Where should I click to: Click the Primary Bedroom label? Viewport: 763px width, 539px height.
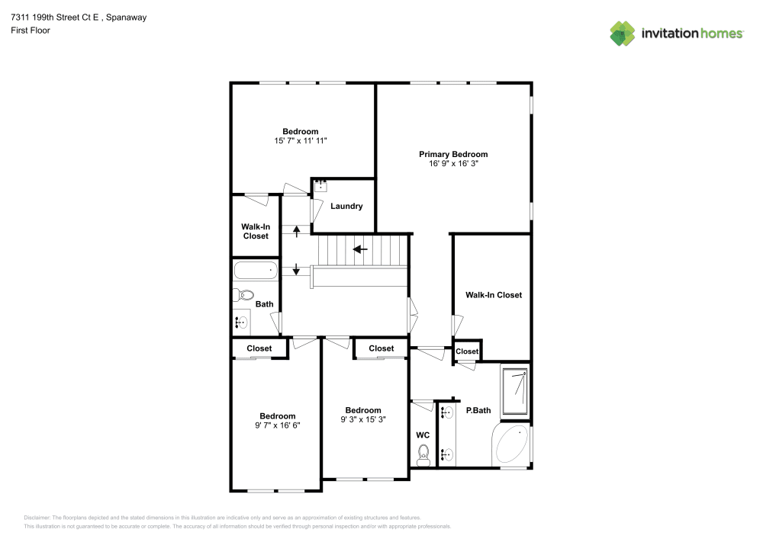(453, 154)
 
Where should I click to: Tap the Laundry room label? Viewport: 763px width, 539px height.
(346, 206)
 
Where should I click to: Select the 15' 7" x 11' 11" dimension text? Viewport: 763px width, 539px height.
(300, 141)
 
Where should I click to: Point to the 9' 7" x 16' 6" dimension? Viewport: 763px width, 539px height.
(278, 425)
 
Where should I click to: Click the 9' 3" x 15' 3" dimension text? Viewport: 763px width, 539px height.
(363, 419)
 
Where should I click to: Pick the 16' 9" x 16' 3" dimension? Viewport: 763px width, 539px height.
(453, 164)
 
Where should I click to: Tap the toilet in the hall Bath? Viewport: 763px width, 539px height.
(244, 294)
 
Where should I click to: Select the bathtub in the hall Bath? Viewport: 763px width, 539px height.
(256, 270)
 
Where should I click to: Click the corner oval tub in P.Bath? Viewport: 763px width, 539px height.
(511, 444)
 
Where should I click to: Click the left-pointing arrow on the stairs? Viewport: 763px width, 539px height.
(360, 249)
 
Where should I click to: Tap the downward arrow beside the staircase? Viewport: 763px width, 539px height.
(296, 269)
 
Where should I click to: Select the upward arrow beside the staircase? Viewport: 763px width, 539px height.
(296, 231)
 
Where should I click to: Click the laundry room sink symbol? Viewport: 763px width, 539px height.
(320, 186)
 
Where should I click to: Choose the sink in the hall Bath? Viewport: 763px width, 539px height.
(241, 322)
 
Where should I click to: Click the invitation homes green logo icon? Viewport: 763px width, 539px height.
(623, 34)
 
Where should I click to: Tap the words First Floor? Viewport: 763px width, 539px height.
(31, 30)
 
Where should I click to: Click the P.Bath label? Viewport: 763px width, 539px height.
(478, 410)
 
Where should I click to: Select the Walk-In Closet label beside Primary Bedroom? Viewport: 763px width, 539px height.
(494, 295)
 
